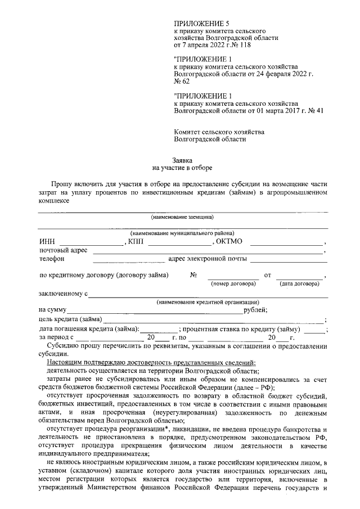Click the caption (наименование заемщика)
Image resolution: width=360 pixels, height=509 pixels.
(182, 217)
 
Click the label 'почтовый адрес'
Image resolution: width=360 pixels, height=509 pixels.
(63, 250)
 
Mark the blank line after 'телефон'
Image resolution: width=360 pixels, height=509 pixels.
(128, 259)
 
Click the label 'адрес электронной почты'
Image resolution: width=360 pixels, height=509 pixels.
(208, 259)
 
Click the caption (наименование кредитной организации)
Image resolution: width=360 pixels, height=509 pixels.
(208, 302)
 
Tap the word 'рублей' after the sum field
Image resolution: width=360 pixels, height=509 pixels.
(254, 310)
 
